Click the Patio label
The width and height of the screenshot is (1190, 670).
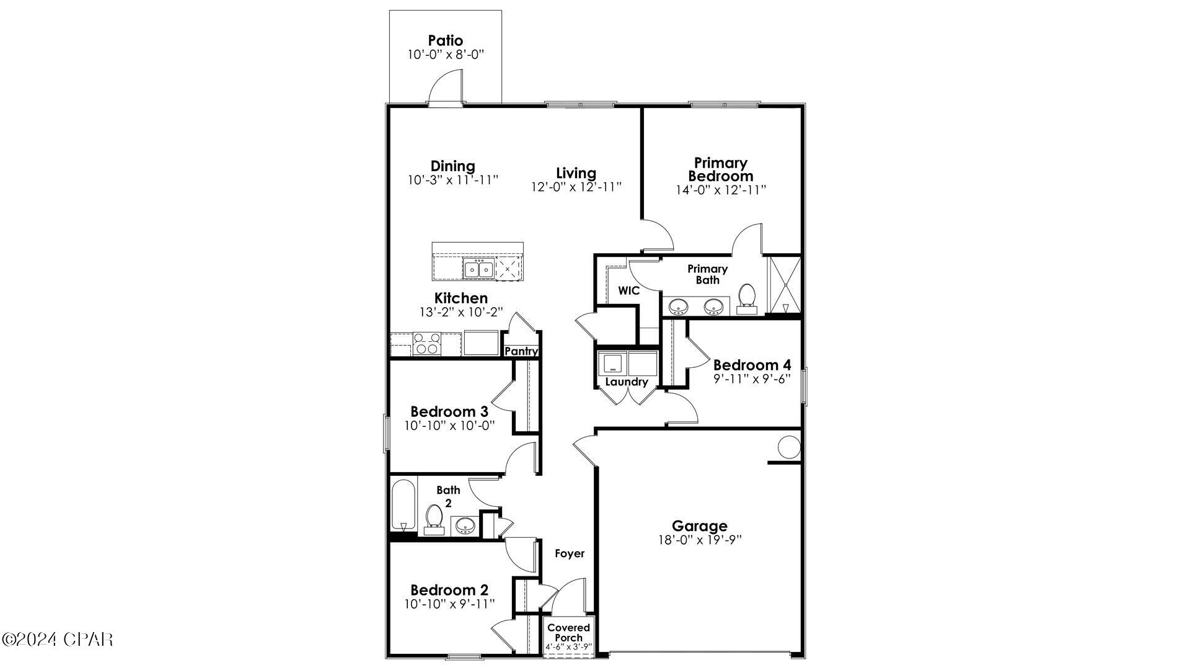[x=445, y=41]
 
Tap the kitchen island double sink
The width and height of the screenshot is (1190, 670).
[x=478, y=269]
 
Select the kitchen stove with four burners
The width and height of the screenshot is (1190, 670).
[x=426, y=344]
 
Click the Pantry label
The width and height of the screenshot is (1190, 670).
[x=521, y=351]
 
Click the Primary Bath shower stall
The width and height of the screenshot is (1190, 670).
[x=785, y=285]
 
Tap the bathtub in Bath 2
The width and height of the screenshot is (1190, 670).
[x=403, y=505]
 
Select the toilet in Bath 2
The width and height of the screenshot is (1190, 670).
[x=434, y=519]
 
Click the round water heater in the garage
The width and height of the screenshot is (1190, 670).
[x=789, y=447]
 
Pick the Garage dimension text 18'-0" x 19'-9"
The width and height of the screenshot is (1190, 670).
[x=700, y=540]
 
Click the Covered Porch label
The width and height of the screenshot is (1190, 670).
[x=568, y=632]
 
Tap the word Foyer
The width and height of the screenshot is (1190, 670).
[x=569, y=553]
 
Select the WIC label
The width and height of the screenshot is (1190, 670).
[x=628, y=290]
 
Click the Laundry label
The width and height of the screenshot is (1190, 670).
[x=626, y=382]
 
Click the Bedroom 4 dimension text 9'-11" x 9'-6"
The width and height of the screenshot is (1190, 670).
[x=752, y=378]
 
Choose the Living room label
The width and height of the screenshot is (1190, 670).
[x=576, y=173]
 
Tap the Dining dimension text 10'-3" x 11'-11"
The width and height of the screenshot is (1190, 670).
[x=453, y=181]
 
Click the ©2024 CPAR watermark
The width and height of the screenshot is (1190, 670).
[x=57, y=639]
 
